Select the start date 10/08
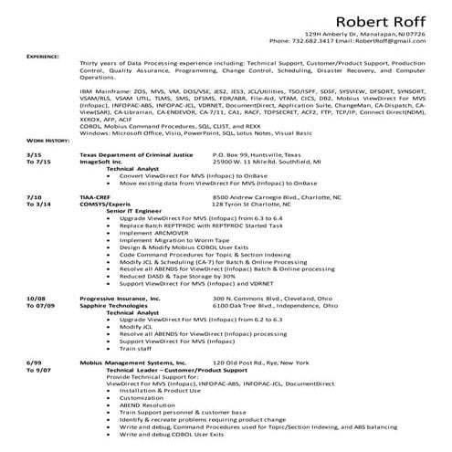[36, 298]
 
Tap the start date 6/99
[34, 362]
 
